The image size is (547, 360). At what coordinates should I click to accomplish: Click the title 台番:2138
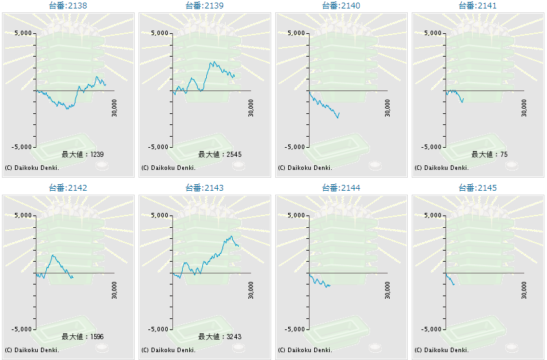pos(68,5)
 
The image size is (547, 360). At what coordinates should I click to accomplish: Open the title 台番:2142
pos(68,187)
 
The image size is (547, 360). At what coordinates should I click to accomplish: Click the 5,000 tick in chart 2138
pos(23,33)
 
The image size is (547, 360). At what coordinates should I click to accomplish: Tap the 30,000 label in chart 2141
pos(525,107)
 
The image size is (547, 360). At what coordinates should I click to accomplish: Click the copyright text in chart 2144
pos(305,350)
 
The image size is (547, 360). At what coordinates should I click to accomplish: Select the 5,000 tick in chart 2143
pos(159,215)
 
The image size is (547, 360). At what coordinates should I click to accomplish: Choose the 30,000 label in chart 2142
pos(115,290)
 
